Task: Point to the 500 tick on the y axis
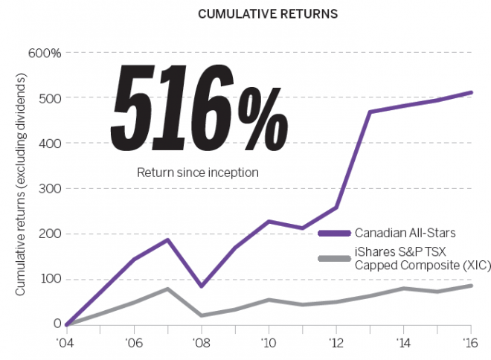coord(49,98)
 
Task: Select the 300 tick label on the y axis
coord(49,189)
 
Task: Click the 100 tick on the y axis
coord(49,280)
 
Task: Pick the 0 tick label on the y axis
coord(57,324)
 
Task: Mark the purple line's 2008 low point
coord(202,286)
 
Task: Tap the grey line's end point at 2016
coord(470,286)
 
